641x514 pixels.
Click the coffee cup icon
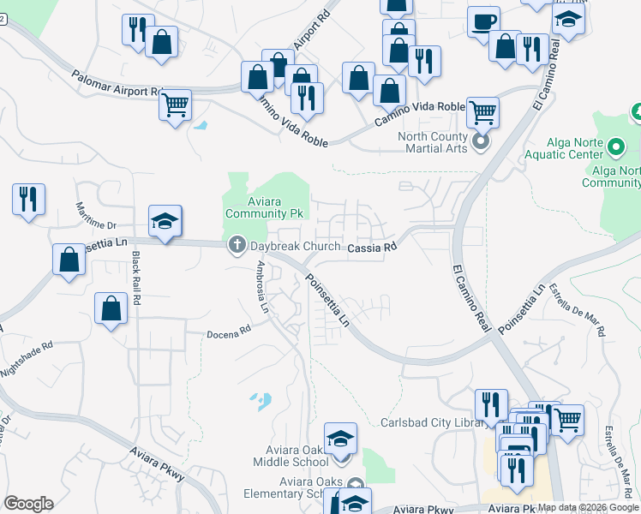(x=484, y=21)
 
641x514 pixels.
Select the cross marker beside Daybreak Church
(x=237, y=247)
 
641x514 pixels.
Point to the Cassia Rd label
(x=374, y=248)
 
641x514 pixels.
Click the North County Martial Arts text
(x=433, y=142)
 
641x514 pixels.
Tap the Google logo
(x=28, y=504)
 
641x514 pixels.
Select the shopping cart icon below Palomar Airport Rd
(x=175, y=106)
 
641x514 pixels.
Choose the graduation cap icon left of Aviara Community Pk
(x=165, y=222)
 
